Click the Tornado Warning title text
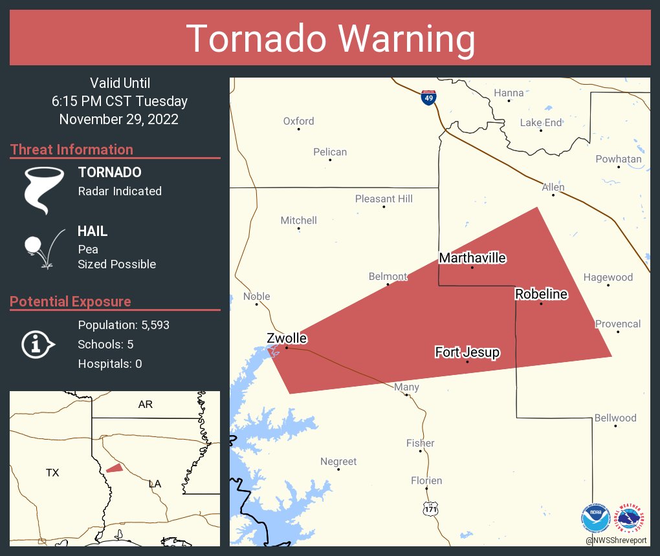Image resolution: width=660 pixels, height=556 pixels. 330,39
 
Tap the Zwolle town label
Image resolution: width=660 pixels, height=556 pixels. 287,338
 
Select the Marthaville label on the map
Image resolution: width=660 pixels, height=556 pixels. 472,258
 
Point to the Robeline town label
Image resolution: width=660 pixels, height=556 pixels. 541,294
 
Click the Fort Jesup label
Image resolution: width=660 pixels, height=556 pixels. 467,352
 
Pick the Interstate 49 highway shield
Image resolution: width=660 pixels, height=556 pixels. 428,98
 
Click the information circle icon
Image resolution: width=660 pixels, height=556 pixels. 38,345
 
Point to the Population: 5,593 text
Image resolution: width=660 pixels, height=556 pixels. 124,325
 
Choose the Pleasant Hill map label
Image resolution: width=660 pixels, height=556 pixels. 384,198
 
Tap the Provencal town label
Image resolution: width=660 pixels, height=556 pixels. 618,324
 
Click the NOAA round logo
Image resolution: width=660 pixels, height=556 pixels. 595,519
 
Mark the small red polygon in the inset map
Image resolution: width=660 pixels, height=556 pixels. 115,467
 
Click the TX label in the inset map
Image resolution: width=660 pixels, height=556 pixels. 52,473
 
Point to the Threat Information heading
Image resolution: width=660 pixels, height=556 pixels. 72,149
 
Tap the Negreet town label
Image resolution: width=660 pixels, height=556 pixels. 338,462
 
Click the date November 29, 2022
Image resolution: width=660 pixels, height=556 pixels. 119,120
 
